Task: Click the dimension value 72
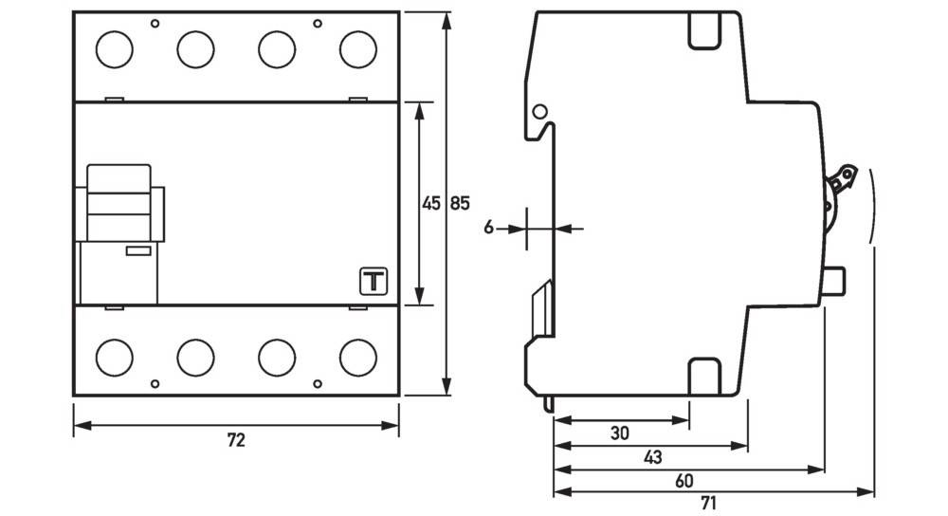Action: click(x=236, y=440)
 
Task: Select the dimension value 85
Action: click(x=459, y=203)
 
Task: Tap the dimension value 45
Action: click(x=431, y=203)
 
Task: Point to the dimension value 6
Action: click(x=488, y=228)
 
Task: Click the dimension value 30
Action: click(x=619, y=433)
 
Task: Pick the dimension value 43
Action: click(x=652, y=457)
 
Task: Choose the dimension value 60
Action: click(x=684, y=481)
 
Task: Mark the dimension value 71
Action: click(x=710, y=504)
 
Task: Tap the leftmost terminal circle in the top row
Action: click(x=114, y=49)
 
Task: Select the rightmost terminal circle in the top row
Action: click(x=357, y=49)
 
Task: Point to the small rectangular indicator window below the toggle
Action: click(x=138, y=251)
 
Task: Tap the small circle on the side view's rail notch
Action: click(x=540, y=113)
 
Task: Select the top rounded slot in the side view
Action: click(x=703, y=30)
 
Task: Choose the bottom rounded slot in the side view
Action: click(x=703, y=375)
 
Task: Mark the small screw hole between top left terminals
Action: click(x=155, y=22)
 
